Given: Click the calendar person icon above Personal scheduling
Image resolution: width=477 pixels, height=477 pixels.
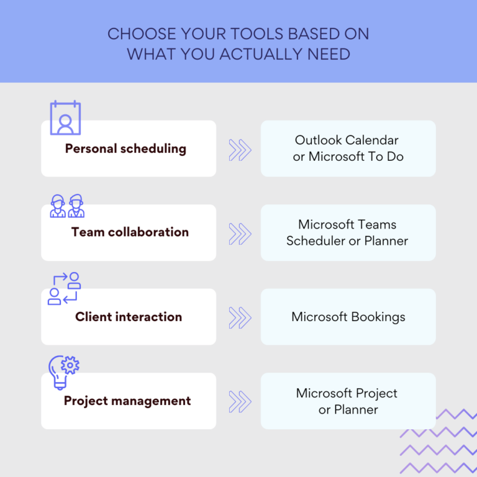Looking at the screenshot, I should (x=65, y=118).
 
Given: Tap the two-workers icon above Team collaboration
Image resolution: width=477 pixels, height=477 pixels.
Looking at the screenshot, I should (x=67, y=206).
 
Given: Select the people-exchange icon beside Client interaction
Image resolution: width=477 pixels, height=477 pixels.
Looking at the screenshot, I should (x=65, y=288).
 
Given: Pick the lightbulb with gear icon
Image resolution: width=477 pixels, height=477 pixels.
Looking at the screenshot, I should (x=64, y=371).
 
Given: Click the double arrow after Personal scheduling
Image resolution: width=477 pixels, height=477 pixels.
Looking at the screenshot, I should (x=239, y=149).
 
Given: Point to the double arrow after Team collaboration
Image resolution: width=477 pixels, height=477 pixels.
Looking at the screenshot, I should (x=239, y=233).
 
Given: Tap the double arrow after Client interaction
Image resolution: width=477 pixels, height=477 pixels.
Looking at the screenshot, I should (x=239, y=317).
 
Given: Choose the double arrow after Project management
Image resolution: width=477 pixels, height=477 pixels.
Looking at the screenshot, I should (x=239, y=401).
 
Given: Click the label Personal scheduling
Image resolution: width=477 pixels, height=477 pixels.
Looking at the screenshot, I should (x=125, y=149).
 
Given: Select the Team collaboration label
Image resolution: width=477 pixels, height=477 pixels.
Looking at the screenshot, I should (x=130, y=232).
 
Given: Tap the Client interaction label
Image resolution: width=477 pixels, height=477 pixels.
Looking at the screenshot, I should (x=129, y=317).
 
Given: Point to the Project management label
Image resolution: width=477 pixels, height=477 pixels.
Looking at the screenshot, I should (x=127, y=401).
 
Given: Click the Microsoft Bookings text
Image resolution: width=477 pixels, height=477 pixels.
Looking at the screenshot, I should (x=348, y=317).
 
